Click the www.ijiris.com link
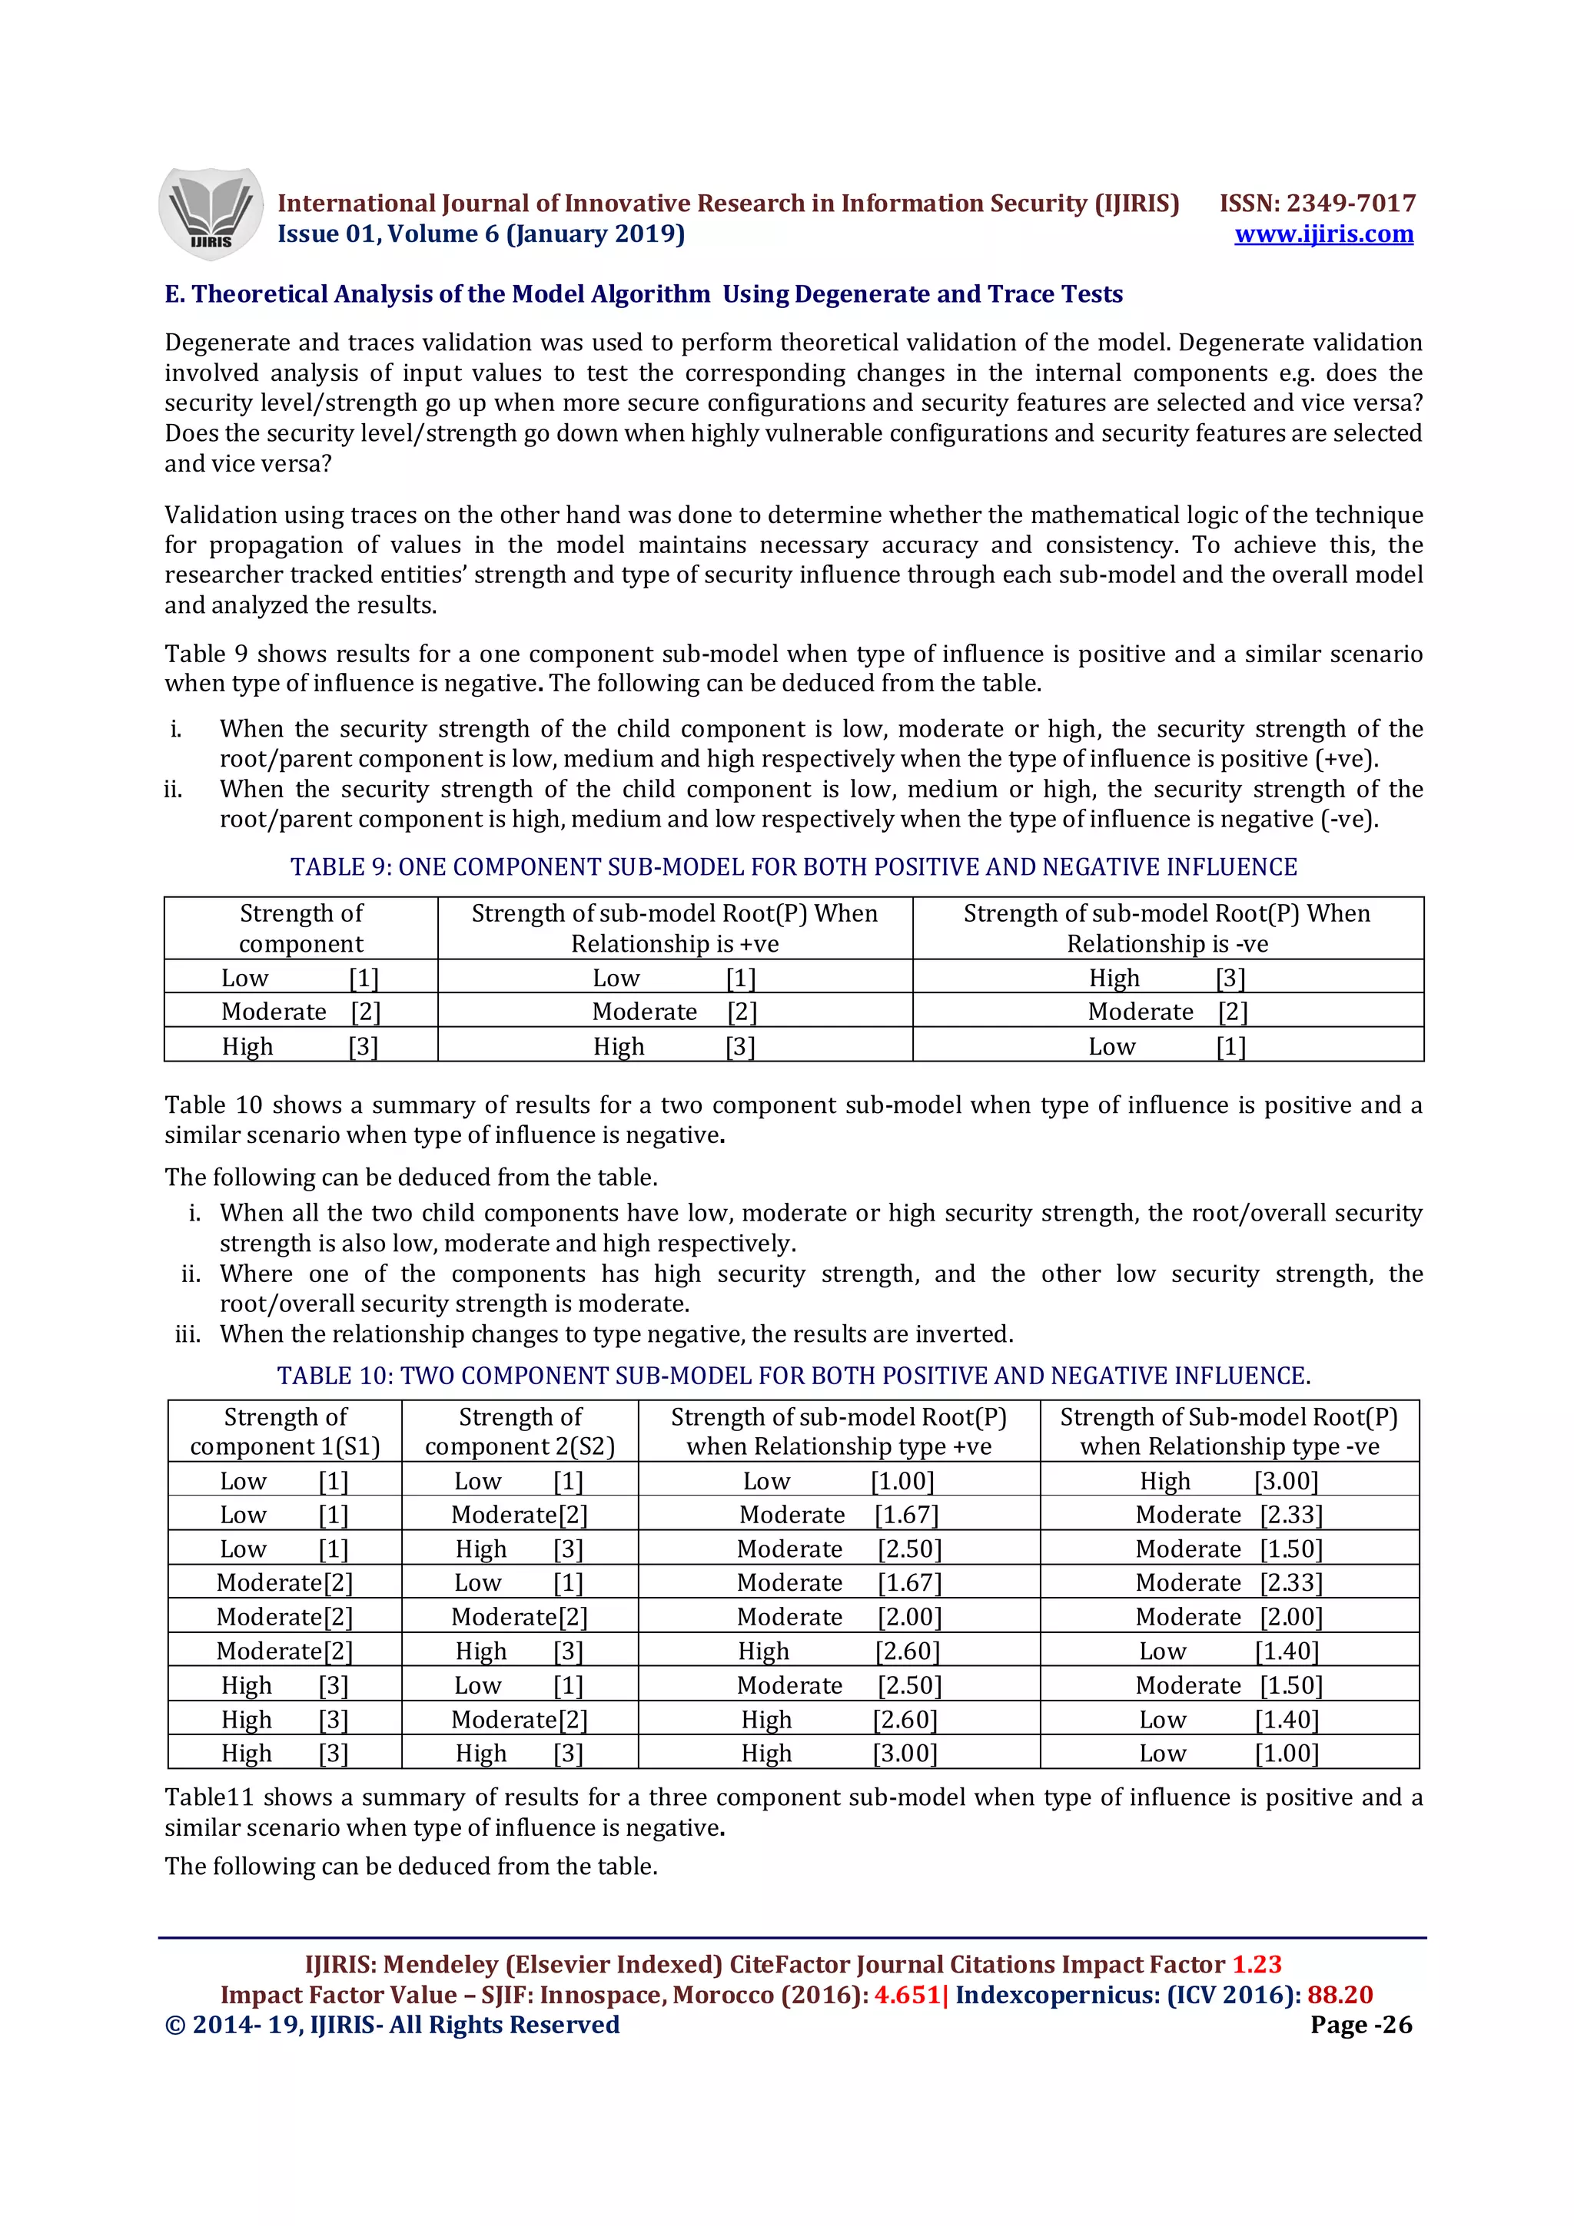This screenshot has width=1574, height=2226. [x=1323, y=234]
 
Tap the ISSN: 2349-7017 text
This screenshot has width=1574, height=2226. [x=1317, y=203]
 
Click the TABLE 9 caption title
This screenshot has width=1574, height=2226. [x=792, y=866]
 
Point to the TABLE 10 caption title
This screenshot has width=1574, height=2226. [x=792, y=1376]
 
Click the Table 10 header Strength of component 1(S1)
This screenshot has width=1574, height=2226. [x=285, y=1431]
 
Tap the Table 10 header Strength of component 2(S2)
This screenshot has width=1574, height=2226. [x=520, y=1431]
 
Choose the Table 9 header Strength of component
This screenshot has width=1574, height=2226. [x=301, y=928]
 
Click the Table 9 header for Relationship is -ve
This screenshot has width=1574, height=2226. [x=1167, y=928]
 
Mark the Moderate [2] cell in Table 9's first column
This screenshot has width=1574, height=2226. [x=301, y=1012]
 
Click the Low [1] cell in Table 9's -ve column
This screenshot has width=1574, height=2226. [x=1167, y=1047]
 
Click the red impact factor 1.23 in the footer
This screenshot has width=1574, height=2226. [x=1256, y=1964]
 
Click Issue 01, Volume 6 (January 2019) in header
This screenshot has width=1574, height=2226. [x=481, y=234]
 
